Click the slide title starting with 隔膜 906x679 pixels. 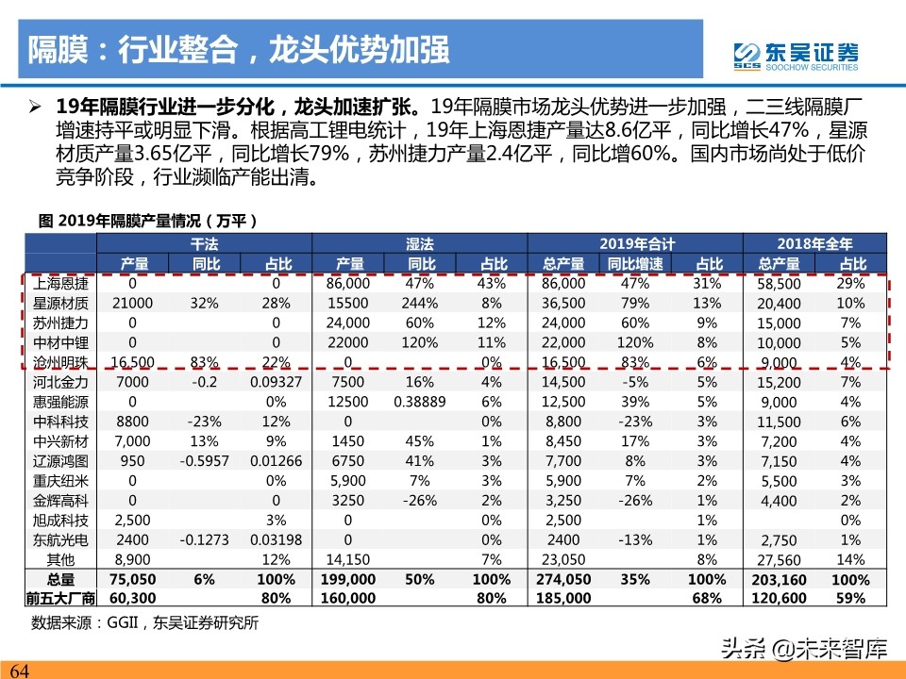237,50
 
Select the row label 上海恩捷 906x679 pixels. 60,283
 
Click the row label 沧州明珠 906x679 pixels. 60,361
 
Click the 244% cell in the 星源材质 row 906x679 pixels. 421,303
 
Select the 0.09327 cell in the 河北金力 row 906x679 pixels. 276,381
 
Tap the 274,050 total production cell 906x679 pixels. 565,579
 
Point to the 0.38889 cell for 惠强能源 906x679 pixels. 421,401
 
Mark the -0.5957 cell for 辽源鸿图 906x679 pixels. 205,460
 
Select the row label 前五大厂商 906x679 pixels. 60,598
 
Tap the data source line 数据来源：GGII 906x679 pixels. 145,623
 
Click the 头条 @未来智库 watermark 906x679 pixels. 802,648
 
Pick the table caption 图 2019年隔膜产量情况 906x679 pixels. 149,221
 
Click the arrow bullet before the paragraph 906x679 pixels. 34,105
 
